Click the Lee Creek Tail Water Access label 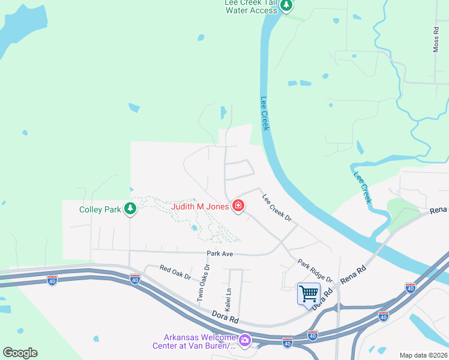(251, 6)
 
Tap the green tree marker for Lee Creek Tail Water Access (287, 6)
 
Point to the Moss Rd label (436, 39)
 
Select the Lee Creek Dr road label (276, 208)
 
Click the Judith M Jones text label (200, 206)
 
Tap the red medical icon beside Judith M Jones (238, 206)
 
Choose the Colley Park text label (100, 209)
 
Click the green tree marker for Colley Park (130, 209)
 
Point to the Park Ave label (219, 254)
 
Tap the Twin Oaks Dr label (203, 283)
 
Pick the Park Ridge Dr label (315, 270)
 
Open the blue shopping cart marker (309, 294)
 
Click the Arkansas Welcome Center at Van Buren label (199, 341)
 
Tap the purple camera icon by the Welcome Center (244, 341)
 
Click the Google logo (20, 352)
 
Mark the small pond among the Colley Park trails (193, 228)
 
